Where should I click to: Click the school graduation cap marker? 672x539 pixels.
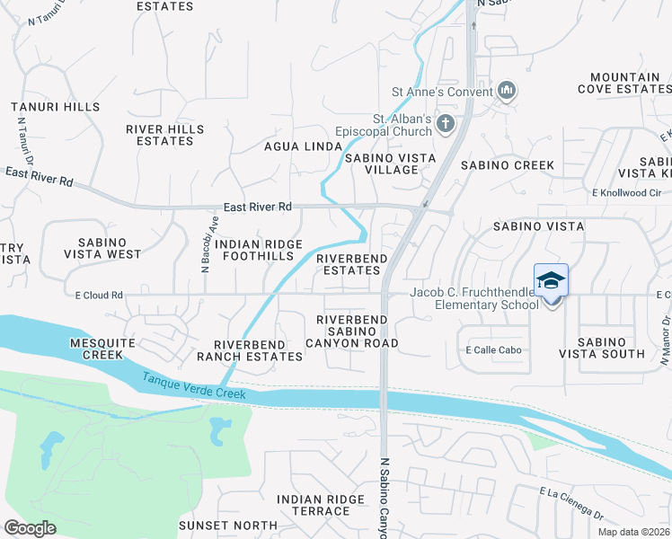pyautogui.click(x=551, y=282)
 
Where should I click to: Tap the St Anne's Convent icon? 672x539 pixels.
pyautogui.click(x=506, y=91)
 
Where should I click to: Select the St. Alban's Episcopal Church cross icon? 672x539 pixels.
pyautogui.click(x=444, y=124)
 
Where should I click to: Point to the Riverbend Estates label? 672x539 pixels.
pyautogui.click(x=352, y=263)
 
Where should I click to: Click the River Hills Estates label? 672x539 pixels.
pyautogui.click(x=164, y=135)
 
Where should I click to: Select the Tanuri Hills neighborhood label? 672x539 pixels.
pyautogui.click(x=56, y=107)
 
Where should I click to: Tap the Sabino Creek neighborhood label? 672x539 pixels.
pyautogui.click(x=508, y=165)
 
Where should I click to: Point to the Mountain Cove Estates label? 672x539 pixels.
pyautogui.click(x=619, y=84)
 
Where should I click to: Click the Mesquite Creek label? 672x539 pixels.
pyautogui.click(x=96, y=349)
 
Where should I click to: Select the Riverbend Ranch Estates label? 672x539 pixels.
pyautogui.click(x=258, y=350)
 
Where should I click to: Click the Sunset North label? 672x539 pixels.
pyautogui.click(x=228, y=526)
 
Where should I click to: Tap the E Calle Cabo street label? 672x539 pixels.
pyautogui.click(x=493, y=350)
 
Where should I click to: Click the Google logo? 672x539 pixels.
pyautogui.click(x=31, y=528)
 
